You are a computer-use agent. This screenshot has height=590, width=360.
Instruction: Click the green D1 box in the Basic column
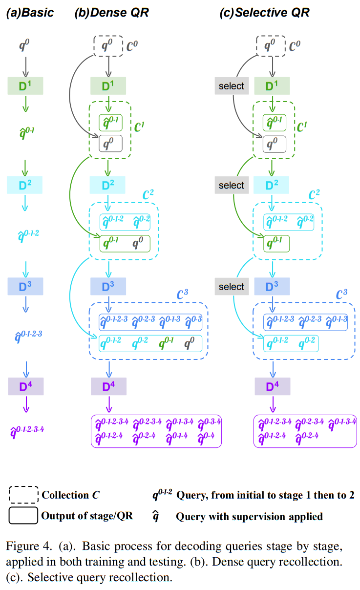click(x=26, y=86)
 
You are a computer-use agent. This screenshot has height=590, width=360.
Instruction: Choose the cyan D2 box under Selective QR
click(x=272, y=185)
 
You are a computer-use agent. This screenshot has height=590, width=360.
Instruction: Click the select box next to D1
click(x=231, y=86)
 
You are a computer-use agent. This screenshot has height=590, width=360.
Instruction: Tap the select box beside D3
click(x=231, y=287)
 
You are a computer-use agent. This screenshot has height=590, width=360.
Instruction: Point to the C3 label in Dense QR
click(x=182, y=295)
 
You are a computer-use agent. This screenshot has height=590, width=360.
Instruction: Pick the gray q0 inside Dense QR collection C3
click(x=190, y=343)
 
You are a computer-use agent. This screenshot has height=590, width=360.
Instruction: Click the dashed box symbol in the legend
click(x=23, y=495)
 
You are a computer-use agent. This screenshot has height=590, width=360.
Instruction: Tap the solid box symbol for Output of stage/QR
click(x=23, y=516)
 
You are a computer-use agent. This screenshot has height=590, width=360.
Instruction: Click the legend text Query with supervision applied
click(x=249, y=516)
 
